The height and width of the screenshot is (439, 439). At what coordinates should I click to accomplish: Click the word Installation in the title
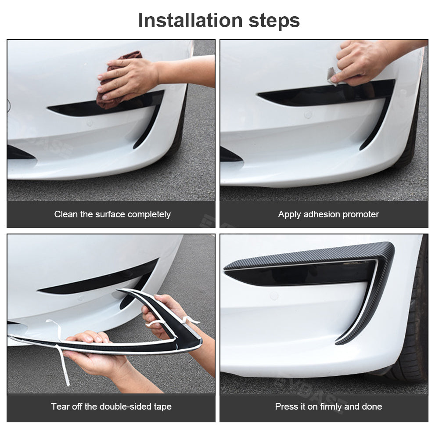191,21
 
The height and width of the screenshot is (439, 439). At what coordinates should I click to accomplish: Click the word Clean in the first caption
66,214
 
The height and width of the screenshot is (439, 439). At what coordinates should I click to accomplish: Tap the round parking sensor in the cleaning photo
90,123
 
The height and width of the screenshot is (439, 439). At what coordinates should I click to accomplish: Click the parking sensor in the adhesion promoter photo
308,115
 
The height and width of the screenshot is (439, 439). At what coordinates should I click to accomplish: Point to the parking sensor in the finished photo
274,295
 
